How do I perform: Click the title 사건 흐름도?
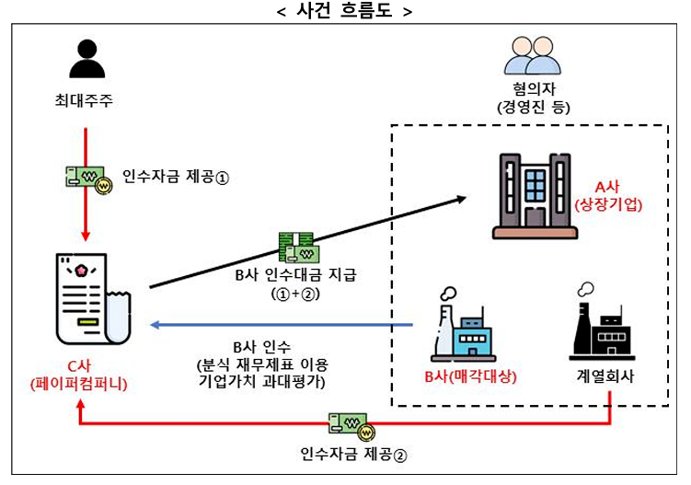tap(345, 12)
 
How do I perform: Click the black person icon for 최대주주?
tap(85, 58)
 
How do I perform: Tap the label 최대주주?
tap(85, 101)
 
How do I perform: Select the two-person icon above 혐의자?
tap(532, 56)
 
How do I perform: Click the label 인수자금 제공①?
tap(175, 177)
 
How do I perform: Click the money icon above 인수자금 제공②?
tap(354, 426)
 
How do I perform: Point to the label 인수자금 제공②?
tap(353, 454)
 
